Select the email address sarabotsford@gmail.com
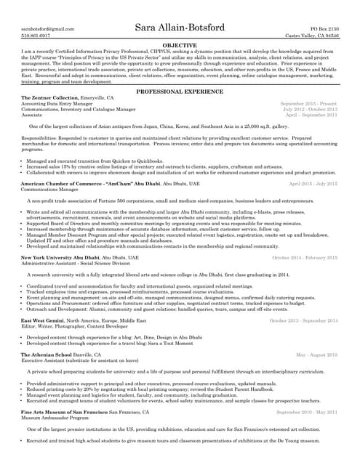click(48, 28)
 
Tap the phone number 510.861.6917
click(36, 35)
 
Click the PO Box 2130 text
click(324, 28)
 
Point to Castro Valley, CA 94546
click(312, 35)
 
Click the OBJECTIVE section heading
click(180, 45)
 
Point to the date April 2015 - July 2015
click(313, 184)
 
